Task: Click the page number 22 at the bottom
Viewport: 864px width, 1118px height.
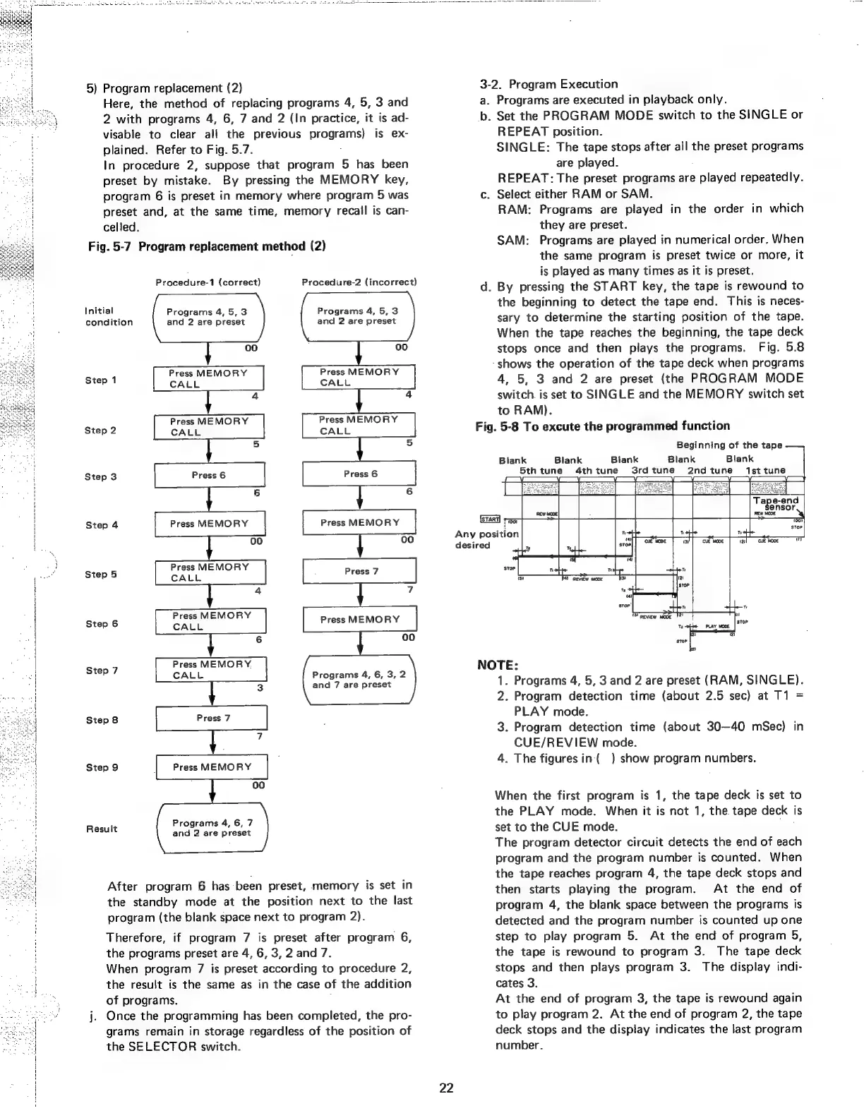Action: [x=446, y=1088]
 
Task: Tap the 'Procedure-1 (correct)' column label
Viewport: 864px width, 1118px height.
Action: [x=208, y=282]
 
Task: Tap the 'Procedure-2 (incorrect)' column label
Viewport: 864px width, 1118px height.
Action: [x=359, y=282]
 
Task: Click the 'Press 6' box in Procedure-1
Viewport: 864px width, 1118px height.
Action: [x=209, y=475]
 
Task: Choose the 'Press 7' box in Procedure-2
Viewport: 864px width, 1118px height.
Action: [x=360, y=571]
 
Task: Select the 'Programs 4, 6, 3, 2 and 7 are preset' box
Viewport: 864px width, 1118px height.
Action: [x=359, y=679]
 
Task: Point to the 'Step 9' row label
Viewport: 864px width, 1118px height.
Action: [x=102, y=767]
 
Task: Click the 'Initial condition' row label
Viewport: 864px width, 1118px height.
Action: [x=109, y=316]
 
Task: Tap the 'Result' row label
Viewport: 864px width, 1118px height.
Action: [x=102, y=829]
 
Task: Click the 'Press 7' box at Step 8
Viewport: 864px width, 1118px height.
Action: [x=213, y=718]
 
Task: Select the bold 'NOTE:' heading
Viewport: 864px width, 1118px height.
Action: [x=498, y=665]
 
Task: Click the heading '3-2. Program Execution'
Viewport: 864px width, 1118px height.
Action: [x=548, y=84]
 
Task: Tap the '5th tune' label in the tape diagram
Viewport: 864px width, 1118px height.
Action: [x=541, y=471]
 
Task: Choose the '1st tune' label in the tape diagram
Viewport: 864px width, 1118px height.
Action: [x=765, y=471]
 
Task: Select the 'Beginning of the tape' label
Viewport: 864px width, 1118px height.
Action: [x=728, y=445]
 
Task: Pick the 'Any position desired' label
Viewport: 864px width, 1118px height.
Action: [x=486, y=539]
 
